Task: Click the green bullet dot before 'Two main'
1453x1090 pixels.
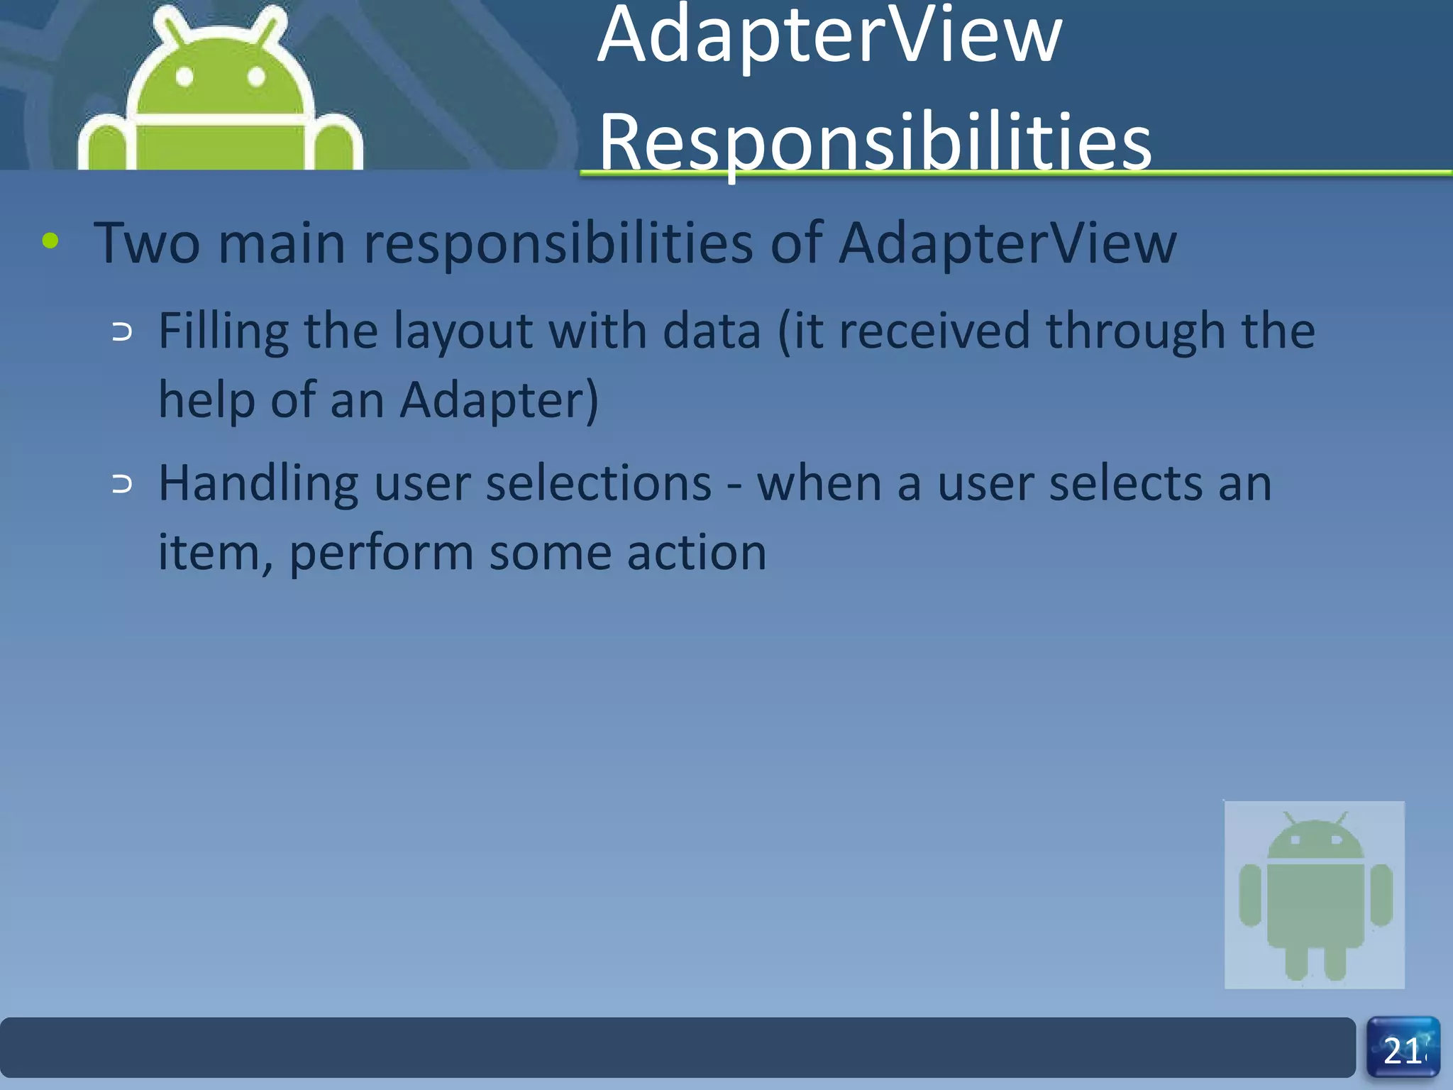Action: (x=50, y=241)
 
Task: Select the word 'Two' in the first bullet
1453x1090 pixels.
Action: (x=147, y=243)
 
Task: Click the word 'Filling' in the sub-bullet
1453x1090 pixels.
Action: (x=223, y=332)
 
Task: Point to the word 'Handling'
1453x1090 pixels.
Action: (x=258, y=484)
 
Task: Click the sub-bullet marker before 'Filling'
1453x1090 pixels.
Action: (x=122, y=332)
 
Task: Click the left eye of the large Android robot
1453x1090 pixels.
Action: (x=185, y=77)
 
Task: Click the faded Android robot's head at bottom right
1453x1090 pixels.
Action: (x=1315, y=839)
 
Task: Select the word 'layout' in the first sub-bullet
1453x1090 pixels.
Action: (x=463, y=332)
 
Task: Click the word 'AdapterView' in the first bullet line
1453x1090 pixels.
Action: (x=1007, y=243)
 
